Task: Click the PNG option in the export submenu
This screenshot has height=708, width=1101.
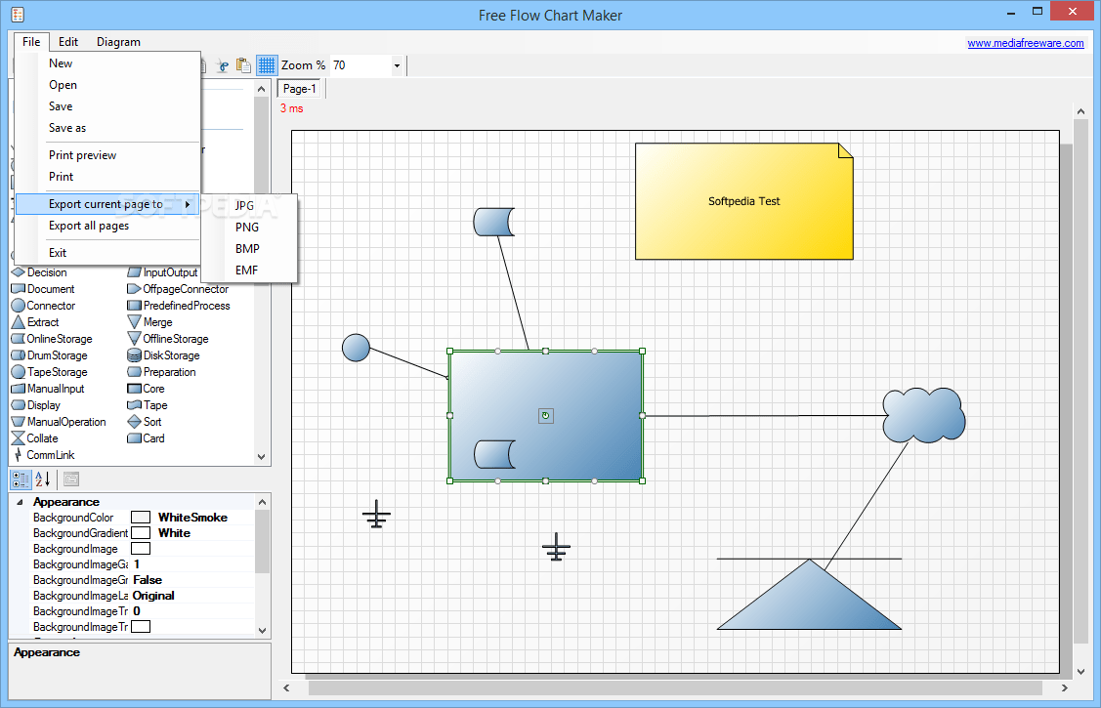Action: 247,228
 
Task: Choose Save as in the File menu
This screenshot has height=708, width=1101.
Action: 67,128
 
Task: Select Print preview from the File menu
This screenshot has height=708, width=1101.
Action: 82,155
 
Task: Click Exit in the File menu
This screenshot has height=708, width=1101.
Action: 58,253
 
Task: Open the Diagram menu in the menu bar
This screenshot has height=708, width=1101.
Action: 118,42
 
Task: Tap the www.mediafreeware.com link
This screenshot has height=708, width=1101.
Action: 1025,43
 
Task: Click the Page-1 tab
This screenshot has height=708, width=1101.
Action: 300,89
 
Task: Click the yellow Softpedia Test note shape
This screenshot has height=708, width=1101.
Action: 743,201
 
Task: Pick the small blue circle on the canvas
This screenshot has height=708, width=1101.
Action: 356,348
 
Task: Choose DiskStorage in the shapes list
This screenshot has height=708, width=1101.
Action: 170,355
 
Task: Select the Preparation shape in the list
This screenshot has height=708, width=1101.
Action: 168,372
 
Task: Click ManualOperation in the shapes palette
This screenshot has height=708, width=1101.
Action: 65,422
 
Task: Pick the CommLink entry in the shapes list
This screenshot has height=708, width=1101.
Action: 50,455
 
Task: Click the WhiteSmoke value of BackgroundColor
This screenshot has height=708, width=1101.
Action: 192,518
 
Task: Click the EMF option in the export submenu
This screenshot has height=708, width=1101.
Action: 247,271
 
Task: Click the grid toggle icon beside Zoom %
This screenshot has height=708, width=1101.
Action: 267,65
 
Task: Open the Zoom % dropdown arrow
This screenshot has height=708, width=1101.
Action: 397,65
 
